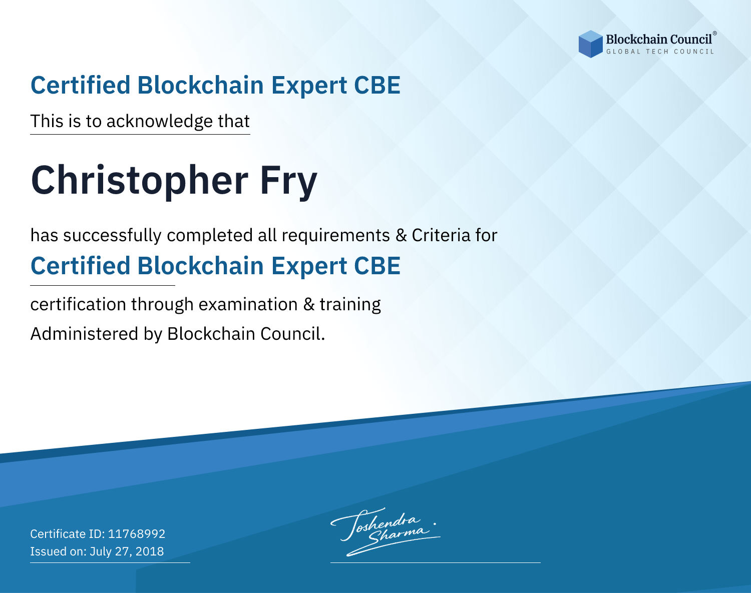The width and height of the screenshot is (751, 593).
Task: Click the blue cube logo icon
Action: point(590,44)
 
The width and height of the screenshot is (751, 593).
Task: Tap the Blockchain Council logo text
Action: point(659,40)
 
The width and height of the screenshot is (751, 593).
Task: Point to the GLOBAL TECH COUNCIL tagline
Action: point(660,52)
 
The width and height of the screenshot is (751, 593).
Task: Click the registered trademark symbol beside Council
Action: point(715,34)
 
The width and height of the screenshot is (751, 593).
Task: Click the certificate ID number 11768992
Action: point(137,533)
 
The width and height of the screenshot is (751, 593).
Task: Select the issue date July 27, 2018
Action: point(127,551)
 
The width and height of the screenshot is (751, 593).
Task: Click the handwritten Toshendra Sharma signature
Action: point(385,531)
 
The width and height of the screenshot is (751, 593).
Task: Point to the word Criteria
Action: point(441,235)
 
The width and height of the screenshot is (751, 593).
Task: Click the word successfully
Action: point(112,236)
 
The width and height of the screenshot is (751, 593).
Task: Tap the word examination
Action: point(248,304)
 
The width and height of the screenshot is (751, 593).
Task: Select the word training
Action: point(350,305)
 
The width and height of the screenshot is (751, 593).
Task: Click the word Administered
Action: point(84,334)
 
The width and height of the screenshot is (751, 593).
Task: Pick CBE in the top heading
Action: point(377,85)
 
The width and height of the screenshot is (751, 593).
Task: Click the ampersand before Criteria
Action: point(401,236)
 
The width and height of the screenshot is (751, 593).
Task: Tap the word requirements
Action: point(336,236)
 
